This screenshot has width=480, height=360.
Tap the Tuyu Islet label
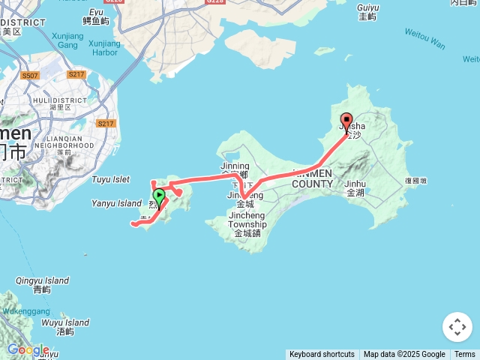tap(111, 179)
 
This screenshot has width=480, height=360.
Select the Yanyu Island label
tap(116, 203)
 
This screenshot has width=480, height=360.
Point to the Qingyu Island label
tap(42, 281)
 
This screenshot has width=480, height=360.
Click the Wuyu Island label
tap(65, 323)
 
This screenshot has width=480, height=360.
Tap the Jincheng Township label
tap(247, 223)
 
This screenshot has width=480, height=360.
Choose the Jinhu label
tap(355, 183)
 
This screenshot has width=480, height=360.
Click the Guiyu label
tap(368, 7)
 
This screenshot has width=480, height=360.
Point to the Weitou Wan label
tap(425, 38)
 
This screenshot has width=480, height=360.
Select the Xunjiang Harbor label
tap(103, 48)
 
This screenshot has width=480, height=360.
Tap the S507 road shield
tap(30, 76)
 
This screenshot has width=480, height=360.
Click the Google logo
tap(28, 349)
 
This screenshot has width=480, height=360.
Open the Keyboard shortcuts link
tap(322, 355)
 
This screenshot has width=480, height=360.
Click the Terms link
tap(464, 355)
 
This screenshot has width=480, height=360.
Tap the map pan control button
tap(457, 327)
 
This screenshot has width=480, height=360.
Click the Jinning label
tap(235, 166)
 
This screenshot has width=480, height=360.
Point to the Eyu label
tap(96, 12)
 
